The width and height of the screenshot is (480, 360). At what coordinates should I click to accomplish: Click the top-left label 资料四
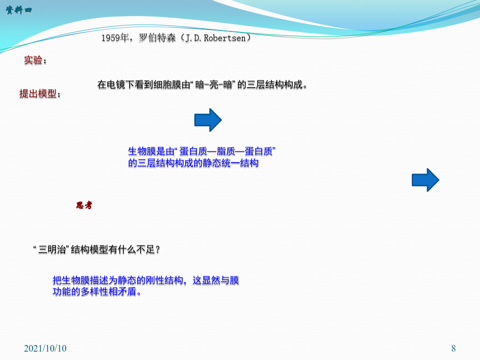[x=19, y=10]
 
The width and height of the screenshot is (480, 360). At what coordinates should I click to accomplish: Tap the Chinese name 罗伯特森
[x=157, y=38]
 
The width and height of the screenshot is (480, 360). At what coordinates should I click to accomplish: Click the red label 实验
[x=33, y=60]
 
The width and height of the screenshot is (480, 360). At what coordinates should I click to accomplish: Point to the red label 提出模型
[x=38, y=93]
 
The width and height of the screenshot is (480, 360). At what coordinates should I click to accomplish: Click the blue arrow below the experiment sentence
[x=208, y=120]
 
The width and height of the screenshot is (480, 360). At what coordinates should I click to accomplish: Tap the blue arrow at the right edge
[x=426, y=180]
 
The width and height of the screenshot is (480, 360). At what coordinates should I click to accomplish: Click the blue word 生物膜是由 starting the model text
[x=151, y=151]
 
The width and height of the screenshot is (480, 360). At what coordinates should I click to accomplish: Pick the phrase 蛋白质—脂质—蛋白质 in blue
[x=226, y=151]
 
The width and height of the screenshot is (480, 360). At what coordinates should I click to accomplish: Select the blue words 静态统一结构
[x=230, y=163]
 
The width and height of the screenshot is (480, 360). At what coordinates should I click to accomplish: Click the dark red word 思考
[x=84, y=205]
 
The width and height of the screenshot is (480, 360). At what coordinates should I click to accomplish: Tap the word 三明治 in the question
[x=52, y=250]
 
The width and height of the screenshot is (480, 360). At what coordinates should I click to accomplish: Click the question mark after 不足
[x=158, y=250]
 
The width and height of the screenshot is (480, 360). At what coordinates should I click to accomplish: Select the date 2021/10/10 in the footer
[x=45, y=348]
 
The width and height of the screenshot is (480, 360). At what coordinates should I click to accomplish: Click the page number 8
[x=453, y=348]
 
